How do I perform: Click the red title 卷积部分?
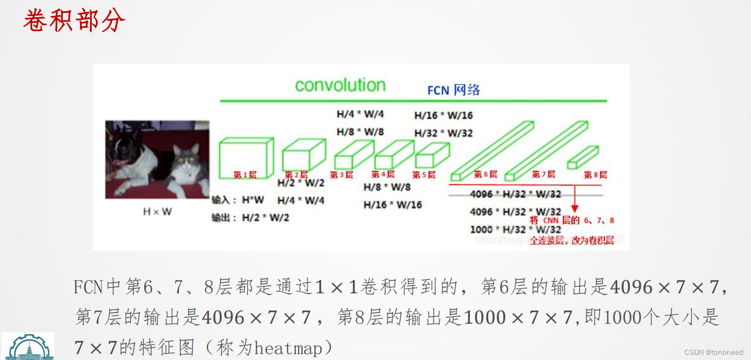pos(74,20)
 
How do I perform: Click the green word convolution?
pos(340,85)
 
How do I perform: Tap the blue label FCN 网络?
pos(454,90)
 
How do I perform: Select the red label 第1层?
pos(245,174)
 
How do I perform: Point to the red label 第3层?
pos(341,174)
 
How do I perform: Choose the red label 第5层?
pos(424,174)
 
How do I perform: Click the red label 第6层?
pos(485,174)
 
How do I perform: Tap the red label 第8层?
pos(595,174)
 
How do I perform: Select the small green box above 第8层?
pos(583,157)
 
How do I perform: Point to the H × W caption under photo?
pos(157,212)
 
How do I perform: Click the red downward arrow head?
pos(575,209)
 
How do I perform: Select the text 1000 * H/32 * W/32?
pos(515,229)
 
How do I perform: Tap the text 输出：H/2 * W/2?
pos(250,218)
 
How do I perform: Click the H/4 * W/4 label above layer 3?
pos(360,114)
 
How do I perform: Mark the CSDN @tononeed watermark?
pos(713,352)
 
